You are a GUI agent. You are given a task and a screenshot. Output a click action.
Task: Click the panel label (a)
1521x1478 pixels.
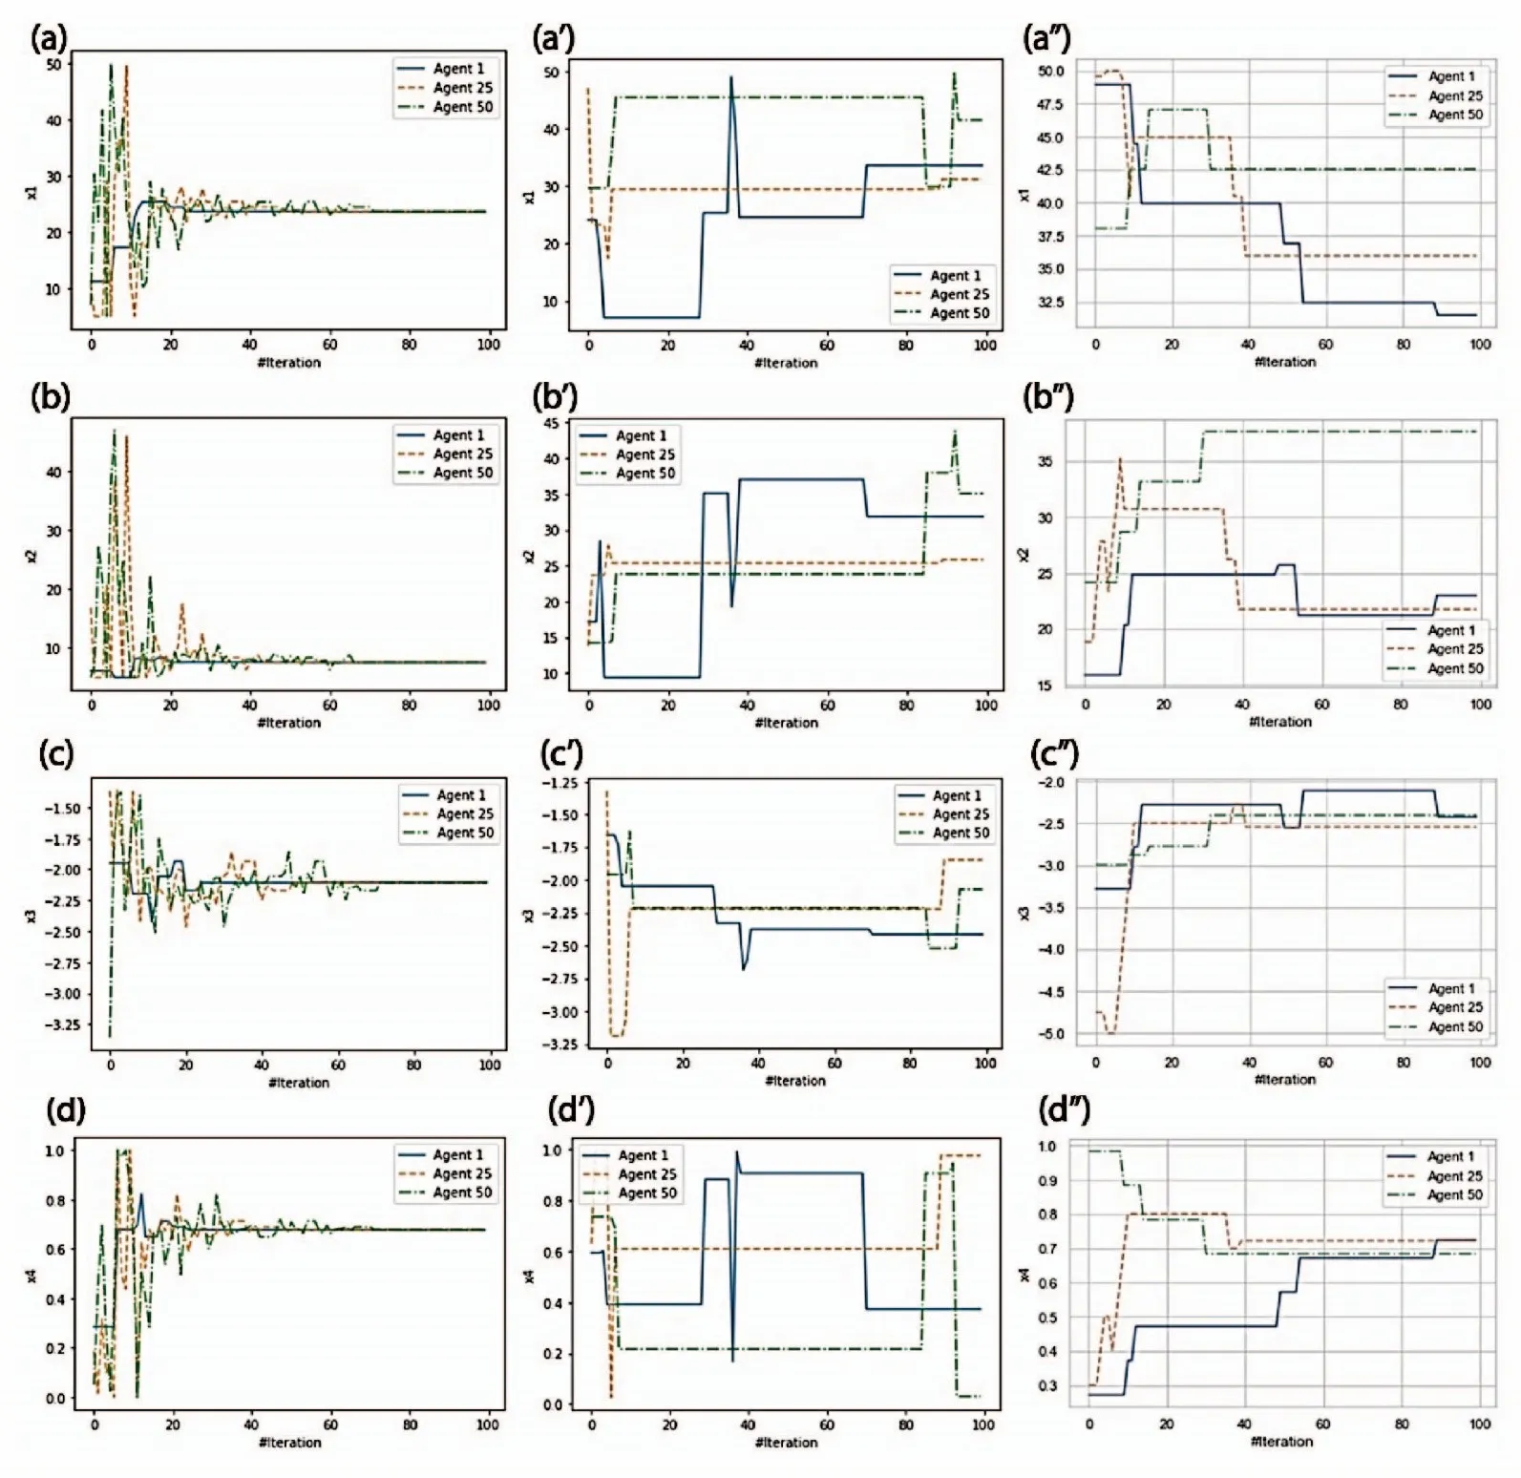(50, 39)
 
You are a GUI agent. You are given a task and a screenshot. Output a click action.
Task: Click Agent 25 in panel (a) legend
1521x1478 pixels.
(463, 88)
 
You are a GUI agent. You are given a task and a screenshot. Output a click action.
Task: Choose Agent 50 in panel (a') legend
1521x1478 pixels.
(960, 313)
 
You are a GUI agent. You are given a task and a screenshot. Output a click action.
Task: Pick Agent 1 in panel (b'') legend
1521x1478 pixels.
(1450, 630)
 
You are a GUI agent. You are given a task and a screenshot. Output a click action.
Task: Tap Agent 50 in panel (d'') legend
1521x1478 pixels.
(1455, 1194)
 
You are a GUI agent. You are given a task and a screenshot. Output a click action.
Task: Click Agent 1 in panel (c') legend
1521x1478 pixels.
(956, 795)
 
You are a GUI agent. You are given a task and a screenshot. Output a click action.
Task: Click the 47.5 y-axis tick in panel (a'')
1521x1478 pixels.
(1050, 105)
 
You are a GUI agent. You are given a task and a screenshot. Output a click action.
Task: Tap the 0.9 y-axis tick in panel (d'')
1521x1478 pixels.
(1047, 1181)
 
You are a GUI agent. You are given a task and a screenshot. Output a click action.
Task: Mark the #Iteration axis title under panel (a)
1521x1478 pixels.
(288, 363)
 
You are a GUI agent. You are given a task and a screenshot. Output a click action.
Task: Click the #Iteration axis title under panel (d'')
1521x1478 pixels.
(1281, 1442)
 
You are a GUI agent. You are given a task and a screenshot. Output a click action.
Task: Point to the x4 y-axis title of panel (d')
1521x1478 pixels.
(530, 1277)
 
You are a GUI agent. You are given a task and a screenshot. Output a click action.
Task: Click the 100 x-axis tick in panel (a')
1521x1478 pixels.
(985, 346)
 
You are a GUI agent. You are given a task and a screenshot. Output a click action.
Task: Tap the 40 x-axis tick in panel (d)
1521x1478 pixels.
(251, 1425)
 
